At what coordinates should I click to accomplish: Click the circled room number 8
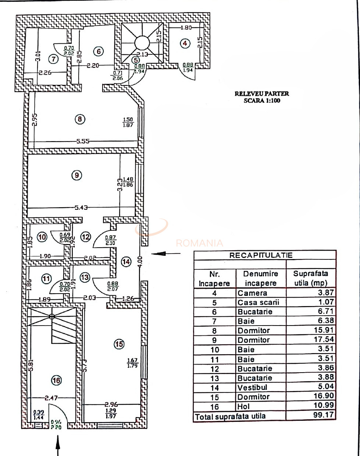pos(80,119)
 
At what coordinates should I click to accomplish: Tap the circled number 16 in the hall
pos(56,380)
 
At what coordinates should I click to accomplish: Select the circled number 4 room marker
pos(185,43)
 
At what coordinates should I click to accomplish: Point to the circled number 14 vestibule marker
pos(126,262)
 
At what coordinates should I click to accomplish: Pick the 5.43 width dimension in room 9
pos(82,208)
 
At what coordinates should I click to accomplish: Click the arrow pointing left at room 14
pos(166,253)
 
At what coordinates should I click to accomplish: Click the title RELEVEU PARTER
pos(262,94)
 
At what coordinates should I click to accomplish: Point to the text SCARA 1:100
pos(262,100)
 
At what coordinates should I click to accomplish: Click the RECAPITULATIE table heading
pos(261,255)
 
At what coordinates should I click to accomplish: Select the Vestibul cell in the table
pos(252,387)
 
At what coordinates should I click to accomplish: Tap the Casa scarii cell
pos(258,302)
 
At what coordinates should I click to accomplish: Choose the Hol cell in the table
pos(243,406)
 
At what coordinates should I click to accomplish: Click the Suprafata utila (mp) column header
pos(311,278)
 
